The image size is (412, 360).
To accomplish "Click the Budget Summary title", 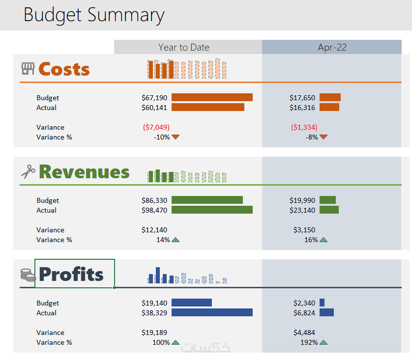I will pyautogui.click(x=93, y=15).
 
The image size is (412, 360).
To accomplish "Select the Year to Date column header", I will pyautogui.click(x=184, y=47).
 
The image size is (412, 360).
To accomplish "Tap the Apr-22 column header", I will pyautogui.click(x=332, y=47).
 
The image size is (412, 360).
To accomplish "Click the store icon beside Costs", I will pyautogui.click(x=28, y=69).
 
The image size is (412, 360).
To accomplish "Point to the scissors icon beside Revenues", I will pyautogui.click(x=28, y=171).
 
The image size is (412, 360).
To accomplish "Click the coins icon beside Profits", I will pyautogui.click(x=28, y=275).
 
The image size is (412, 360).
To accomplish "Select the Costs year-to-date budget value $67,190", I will pyautogui.click(x=154, y=98).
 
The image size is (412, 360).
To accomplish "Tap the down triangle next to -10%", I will pyautogui.click(x=176, y=137).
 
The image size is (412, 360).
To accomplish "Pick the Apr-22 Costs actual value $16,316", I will pyautogui.click(x=302, y=108).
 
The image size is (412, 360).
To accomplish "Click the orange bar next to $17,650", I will pyautogui.click(x=330, y=98).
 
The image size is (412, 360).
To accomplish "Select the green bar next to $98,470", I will pyautogui.click(x=212, y=210).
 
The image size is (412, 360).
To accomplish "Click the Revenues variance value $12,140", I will pyautogui.click(x=154, y=230).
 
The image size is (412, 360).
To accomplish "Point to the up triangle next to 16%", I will pyautogui.click(x=324, y=240).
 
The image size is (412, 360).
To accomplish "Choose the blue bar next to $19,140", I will pyautogui.click(x=191, y=303).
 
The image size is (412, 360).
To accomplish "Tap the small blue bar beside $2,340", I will pyautogui.click(x=322, y=303).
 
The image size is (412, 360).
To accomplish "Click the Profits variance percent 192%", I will pyautogui.click(x=309, y=342).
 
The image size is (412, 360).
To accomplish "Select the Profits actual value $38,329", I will pyautogui.click(x=154, y=313).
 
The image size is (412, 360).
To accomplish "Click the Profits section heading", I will pyautogui.click(x=71, y=274).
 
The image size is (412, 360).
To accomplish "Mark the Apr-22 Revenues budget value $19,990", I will pyautogui.click(x=302, y=200).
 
